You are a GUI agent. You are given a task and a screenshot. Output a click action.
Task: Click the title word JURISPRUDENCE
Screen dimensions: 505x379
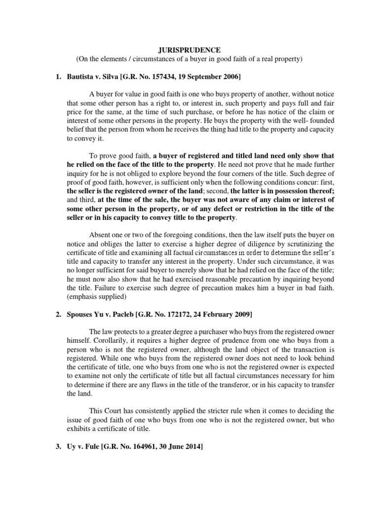[189, 50]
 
